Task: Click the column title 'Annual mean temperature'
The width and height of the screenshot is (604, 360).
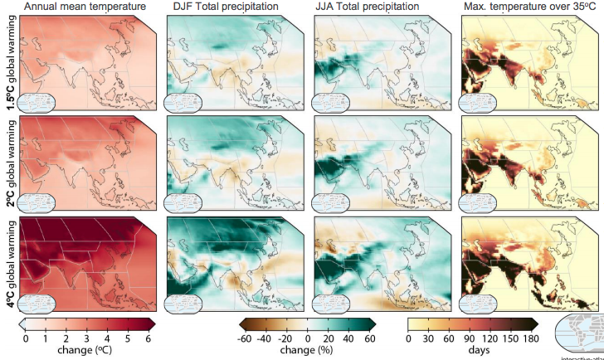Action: pos(73,7)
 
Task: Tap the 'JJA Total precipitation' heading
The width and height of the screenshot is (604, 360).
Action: pos(368,7)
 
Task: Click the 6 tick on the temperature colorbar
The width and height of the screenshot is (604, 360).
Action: pos(148,338)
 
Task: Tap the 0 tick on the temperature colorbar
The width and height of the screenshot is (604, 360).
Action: pos(25,338)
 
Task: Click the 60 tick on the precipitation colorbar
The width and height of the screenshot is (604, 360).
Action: pos(369,338)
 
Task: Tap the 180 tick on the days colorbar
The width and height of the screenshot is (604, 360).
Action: pos(531,338)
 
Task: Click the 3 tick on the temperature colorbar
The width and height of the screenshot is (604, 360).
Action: pos(86,338)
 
